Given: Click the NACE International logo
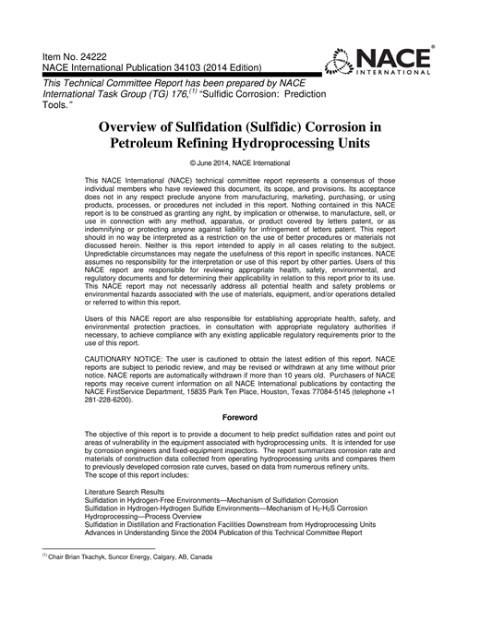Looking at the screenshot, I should click(x=380, y=60).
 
